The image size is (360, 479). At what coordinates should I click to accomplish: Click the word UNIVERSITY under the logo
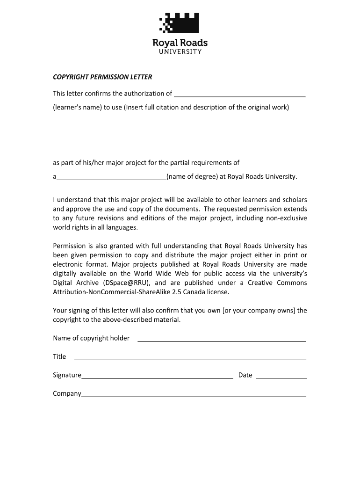pyautogui.click(x=180, y=51)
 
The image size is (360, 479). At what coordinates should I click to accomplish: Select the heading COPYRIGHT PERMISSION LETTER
pyautogui.click(x=102, y=77)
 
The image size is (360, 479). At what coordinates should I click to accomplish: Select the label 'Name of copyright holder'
pyautogui.click(x=91, y=338)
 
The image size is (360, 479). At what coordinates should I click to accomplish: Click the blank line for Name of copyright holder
pyautogui.click(x=222, y=340)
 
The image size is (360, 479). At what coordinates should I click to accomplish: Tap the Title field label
pyautogui.click(x=59, y=356)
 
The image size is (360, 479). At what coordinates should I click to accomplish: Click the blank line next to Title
pyautogui.click(x=190, y=359)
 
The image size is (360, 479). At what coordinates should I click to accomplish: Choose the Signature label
pyautogui.click(x=67, y=375)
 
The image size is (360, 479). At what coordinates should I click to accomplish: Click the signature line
pyautogui.click(x=157, y=377)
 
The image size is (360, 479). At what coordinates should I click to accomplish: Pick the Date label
pyautogui.click(x=245, y=375)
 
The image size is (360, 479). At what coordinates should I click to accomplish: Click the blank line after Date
pyautogui.click(x=281, y=377)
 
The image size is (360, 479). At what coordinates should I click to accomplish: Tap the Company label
pyautogui.click(x=67, y=393)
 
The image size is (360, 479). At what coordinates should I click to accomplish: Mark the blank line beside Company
pyautogui.click(x=194, y=396)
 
